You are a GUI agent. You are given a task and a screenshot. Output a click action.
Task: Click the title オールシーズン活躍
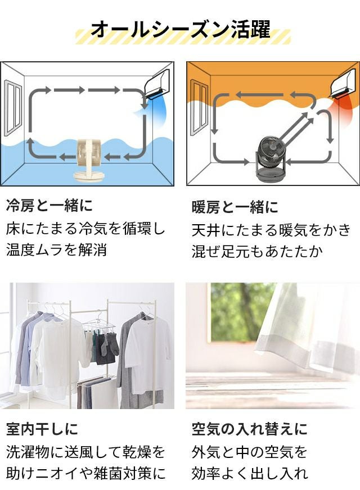pos(180,29)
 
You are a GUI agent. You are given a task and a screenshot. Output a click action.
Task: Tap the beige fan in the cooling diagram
pos(89,160)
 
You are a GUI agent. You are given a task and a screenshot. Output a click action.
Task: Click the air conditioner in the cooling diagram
pos(157,83)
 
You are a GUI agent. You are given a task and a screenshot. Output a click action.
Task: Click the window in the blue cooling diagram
pos(13,108)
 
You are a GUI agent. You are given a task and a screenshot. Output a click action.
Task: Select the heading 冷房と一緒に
pos(49,206)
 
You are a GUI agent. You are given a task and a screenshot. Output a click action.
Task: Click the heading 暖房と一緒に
pos(235,207)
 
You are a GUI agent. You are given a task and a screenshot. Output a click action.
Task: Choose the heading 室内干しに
pos(42,429)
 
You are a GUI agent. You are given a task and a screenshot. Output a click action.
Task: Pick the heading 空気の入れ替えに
pos(250,429)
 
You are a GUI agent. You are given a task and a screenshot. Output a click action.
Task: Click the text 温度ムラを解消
pos(57,250)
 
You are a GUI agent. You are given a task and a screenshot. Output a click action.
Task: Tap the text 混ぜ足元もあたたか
pos(257,251)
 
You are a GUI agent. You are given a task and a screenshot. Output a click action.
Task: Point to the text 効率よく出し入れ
pos(250,473)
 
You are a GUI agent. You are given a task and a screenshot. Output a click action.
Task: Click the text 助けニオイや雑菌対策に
pos(85,473)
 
